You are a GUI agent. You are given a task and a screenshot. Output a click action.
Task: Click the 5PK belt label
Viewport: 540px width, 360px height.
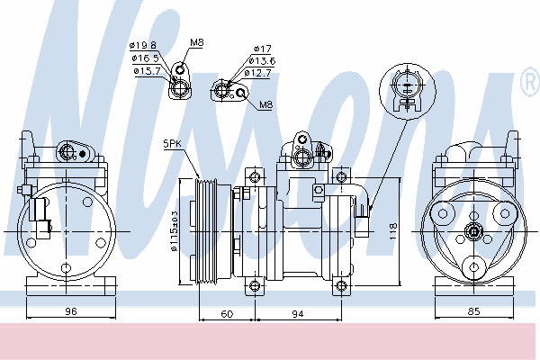tap(172, 144)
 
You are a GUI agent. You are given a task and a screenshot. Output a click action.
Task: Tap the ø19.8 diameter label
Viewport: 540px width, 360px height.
tap(143, 45)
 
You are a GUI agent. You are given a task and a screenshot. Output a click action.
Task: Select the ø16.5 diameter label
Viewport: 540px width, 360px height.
tap(146, 58)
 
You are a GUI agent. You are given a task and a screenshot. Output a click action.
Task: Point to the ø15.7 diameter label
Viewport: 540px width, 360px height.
tap(148, 71)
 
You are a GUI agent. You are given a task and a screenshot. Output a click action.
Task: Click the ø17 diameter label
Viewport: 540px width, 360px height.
tap(263, 49)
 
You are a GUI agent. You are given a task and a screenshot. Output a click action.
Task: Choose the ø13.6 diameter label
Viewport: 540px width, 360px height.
tap(262, 61)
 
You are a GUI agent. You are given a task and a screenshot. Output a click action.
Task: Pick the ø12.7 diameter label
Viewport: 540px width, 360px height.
tap(257, 73)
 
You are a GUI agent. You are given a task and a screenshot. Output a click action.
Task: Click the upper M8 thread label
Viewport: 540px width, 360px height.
tap(196, 42)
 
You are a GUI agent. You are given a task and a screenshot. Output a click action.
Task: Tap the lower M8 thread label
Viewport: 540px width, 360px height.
tap(265, 104)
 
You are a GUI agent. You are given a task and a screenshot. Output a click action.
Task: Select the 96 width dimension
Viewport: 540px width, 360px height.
tap(71, 311)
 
